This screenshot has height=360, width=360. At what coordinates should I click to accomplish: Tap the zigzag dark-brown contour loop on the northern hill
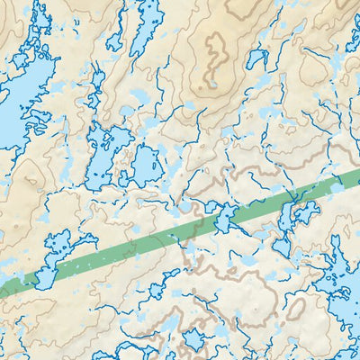pos(215,58)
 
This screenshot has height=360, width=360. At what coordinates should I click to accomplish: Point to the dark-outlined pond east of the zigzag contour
pos(258,59)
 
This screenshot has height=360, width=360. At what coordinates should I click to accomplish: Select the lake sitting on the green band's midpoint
pos(220,216)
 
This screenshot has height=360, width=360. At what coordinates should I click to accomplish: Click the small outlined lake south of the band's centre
pos(166,289)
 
